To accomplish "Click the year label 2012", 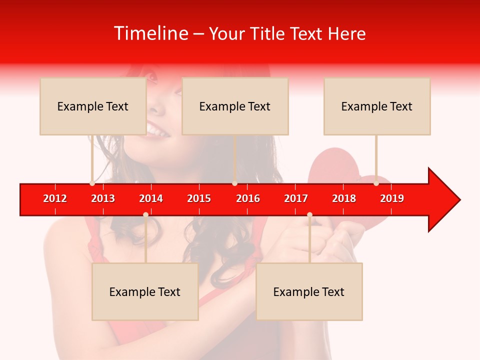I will pyautogui.click(x=55, y=198).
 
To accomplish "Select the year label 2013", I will pyautogui.click(x=103, y=198).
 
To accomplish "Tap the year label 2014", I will pyautogui.click(x=151, y=198).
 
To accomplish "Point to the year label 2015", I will pyautogui.click(x=199, y=198).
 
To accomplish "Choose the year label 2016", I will pyautogui.click(x=248, y=198).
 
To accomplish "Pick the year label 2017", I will pyautogui.click(x=296, y=198).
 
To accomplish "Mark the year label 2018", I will pyautogui.click(x=344, y=198).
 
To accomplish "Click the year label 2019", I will pyautogui.click(x=392, y=198).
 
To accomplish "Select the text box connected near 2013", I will pyautogui.click(x=93, y=106).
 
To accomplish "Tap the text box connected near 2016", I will pyautogui.click(x=235, y=106).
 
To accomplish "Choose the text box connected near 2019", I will pyautogui.click(x=377, y=106).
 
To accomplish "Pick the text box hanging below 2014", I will pyautogui.click(x=145, y=291).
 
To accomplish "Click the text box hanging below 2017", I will pyautogui.click(x=309, y=291).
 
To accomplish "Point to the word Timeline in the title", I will pyautogui.click(x=150, y=33).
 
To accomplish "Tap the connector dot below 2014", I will pyautogui.click(x=145, y=215).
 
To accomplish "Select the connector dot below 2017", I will pyautogui.click(x=309, y=215).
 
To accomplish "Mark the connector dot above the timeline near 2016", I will pyautogui.click(x=234, y=183).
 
